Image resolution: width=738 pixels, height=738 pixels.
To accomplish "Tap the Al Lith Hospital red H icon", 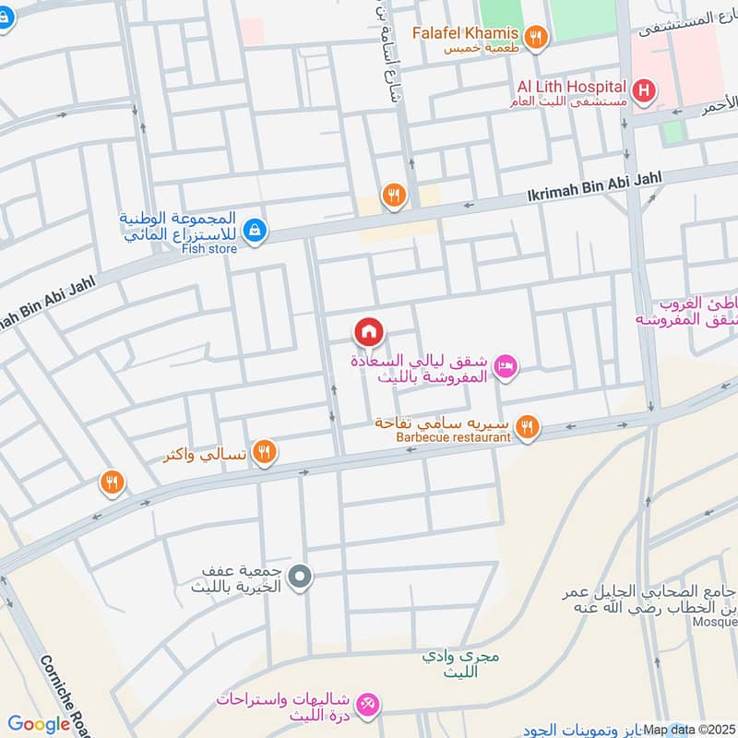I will (645, 90).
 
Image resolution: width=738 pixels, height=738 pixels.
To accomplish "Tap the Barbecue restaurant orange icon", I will (527, 426).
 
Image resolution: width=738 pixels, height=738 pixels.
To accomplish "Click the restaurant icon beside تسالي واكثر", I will (265, 451).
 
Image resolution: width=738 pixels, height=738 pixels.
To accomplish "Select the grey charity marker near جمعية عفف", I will (299, 578).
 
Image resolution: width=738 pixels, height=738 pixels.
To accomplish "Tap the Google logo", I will (39, 724).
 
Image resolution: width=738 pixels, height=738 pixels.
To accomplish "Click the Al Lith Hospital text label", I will (571, 86).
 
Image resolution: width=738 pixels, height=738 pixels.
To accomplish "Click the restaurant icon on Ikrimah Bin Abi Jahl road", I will (394, 195).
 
